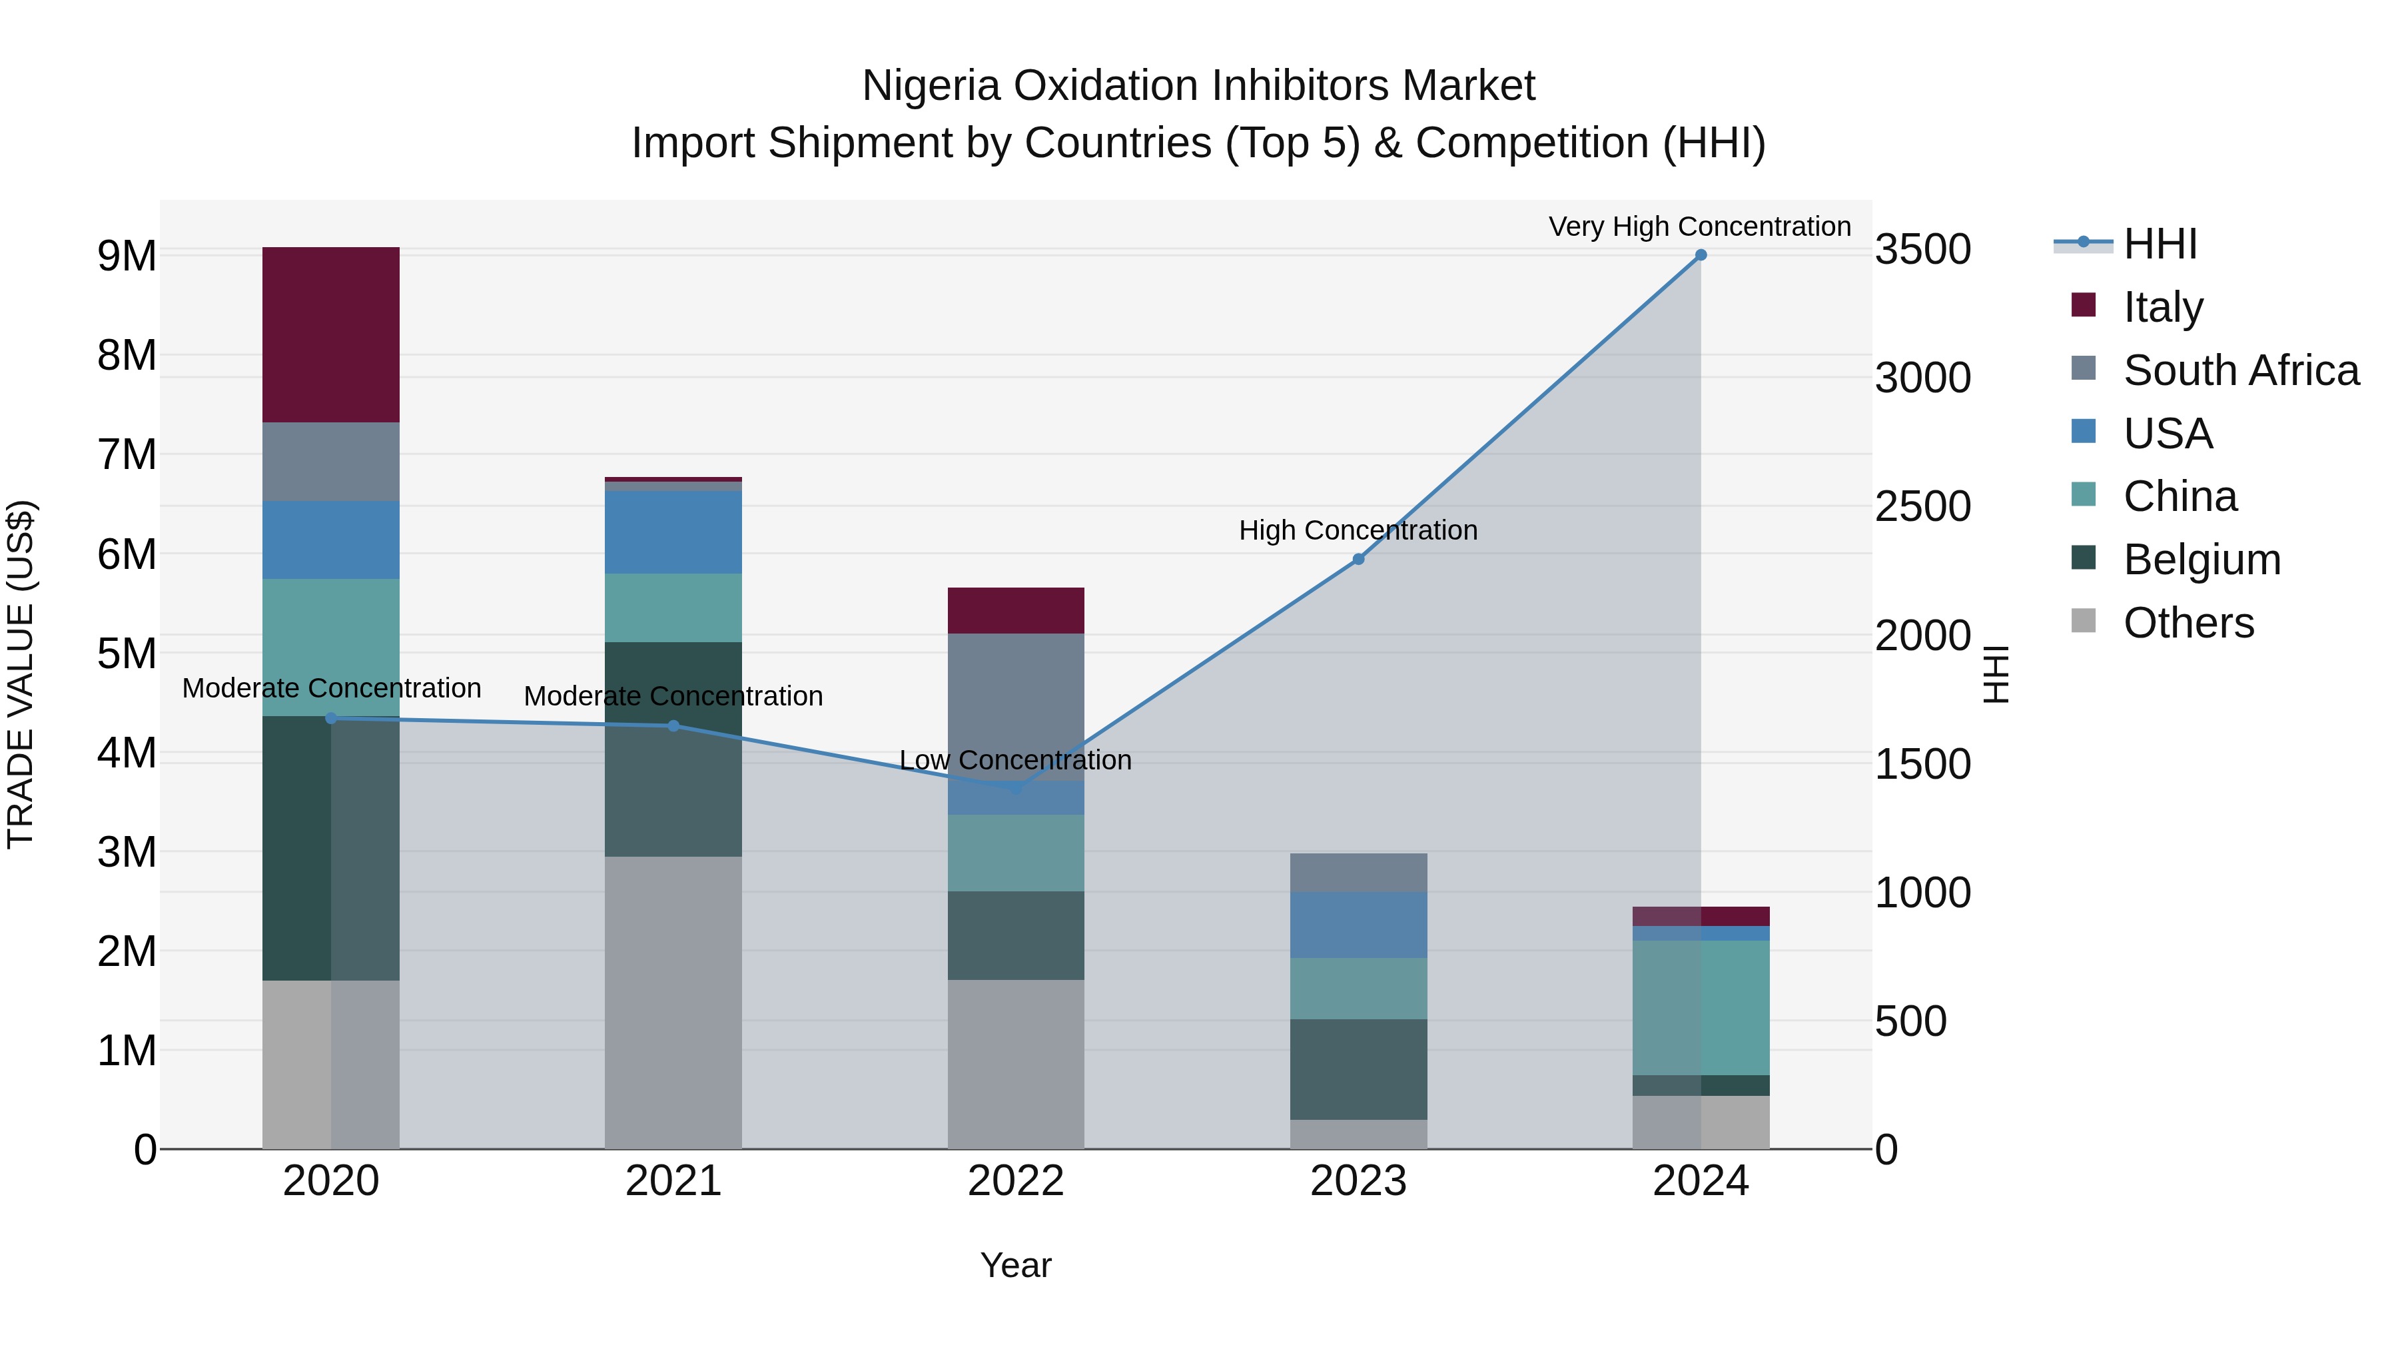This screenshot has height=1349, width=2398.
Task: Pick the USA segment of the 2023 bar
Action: coord(1358,925)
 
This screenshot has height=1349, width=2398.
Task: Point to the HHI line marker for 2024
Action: coord(1701,255)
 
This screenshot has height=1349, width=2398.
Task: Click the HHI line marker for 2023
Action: coord(1358,559)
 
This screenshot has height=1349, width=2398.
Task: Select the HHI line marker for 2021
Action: coord(673,725)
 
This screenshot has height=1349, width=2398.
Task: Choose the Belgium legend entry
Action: coord(2201,560)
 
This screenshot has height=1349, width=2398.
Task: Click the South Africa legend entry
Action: coord(2241,370)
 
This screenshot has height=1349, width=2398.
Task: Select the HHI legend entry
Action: coord(2160,244)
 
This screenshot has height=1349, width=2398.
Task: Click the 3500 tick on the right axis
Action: coord(1922,250)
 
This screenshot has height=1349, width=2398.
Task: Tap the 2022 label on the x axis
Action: coord(1016,1181)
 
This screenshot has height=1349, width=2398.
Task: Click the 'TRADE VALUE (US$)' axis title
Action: coord(21,674)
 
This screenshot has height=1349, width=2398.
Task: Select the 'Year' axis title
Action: coord(1016,1265)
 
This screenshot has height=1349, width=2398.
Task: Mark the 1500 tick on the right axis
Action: coord(1922,764)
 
